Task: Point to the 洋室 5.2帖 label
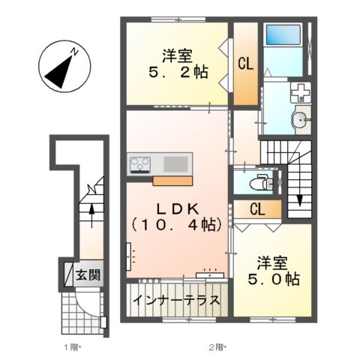click(x=177, y=64)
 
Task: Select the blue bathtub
click(x=283, y=36)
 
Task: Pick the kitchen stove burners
click(x=140, y=163)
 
